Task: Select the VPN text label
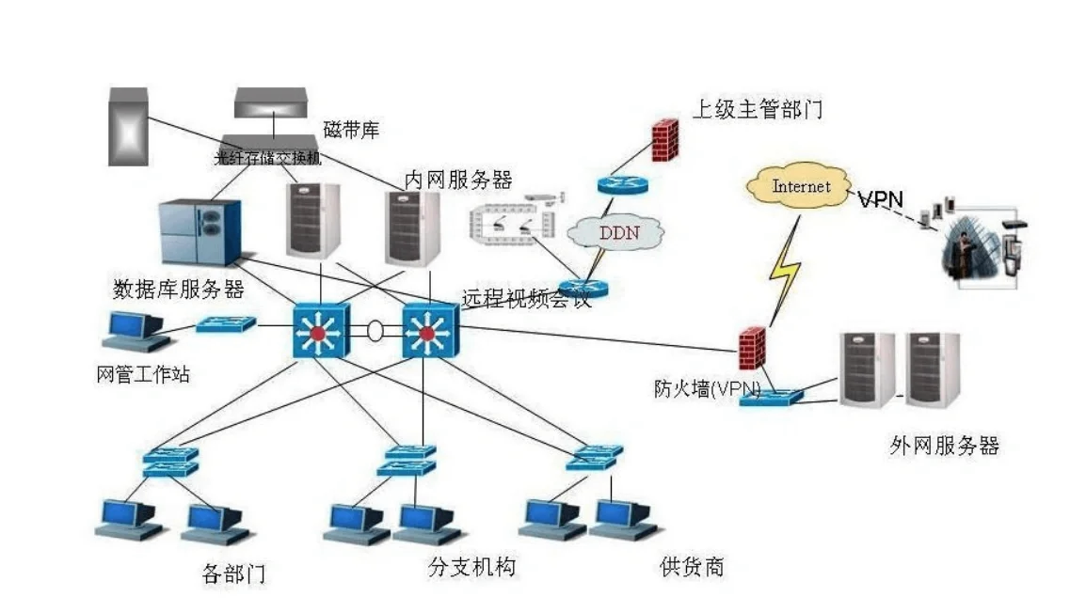pyautogui.click(x=879, y=198)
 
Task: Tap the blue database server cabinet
pyautogui.click(x=197, y=231)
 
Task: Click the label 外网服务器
pyautogui.click(x=943, y=446)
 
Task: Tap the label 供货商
pyautogui.click(x=692, y=567)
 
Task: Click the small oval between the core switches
pyautogui.click(x=375, y=331)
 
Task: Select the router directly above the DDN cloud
pyautogui.click(x=621, y=184)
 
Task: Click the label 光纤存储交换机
pyautogui.click(x=268, y=159)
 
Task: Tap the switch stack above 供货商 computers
pyautogui.click(x=594, y=457)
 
